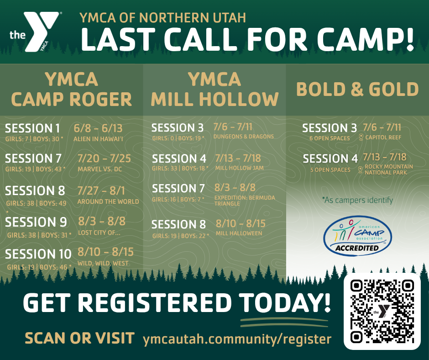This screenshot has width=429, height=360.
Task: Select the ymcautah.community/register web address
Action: coord(237,339)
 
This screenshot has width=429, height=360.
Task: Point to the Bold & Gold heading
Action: coord(357,89)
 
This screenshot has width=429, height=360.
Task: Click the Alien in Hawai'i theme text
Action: coord(98,139)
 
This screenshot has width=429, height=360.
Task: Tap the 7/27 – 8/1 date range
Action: coord(101,190)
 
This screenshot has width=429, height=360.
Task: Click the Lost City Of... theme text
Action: coord(99,233)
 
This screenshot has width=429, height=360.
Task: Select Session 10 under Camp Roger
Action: coord(38,254)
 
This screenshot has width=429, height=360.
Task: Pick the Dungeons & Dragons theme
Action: coord(243,136)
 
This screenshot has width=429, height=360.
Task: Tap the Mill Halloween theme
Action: coord(239,233)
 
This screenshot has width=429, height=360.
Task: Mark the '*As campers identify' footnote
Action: coord(357,200)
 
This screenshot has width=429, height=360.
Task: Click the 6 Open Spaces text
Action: coord(330,138)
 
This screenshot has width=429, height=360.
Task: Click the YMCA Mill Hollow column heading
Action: coord(214,89)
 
